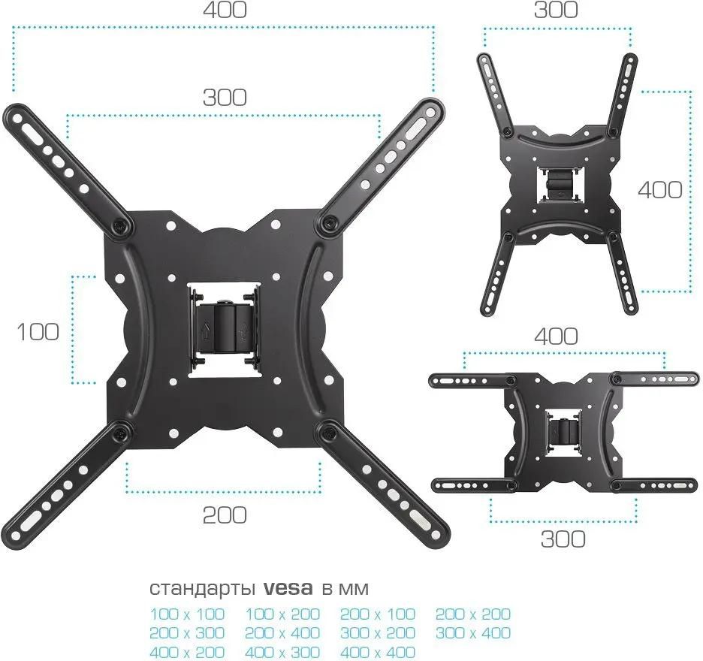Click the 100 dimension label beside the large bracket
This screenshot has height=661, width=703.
point(38,332)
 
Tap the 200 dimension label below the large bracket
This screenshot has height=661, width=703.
point(225,515)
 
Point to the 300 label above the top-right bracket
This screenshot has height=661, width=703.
point(556,10)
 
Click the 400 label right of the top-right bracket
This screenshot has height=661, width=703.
point(660,190)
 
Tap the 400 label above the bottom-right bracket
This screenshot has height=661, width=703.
point(556,337)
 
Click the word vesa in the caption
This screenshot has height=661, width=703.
point(288,588)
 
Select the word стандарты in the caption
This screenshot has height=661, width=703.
point(203,589)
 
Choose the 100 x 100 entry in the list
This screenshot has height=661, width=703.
point(187,614)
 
